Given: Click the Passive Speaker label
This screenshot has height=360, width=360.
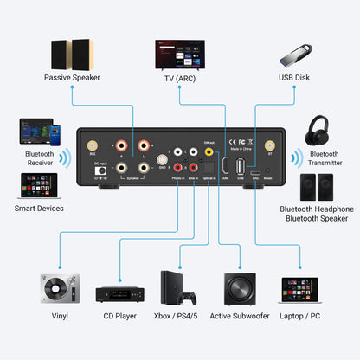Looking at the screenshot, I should (73, 77).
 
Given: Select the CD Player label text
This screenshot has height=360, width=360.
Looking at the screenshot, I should (119, 316).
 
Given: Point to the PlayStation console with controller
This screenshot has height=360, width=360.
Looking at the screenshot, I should (179, 288).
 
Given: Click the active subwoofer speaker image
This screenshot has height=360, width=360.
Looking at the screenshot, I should (239, 288).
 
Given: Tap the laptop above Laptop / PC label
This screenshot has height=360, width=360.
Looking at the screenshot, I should (299, 288).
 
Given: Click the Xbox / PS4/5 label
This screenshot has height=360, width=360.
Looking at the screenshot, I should (179, 316).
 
